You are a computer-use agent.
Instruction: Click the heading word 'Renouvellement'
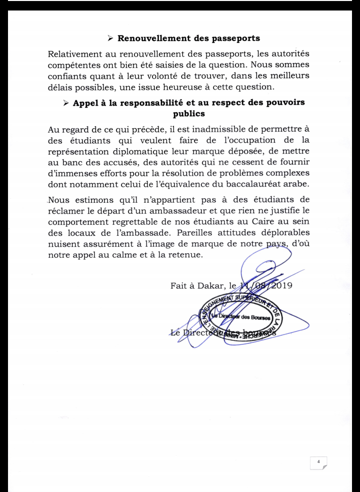pos(150,38)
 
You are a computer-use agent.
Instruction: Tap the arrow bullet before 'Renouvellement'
pos(111,38)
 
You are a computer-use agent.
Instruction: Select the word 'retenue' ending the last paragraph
pos(185,254)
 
